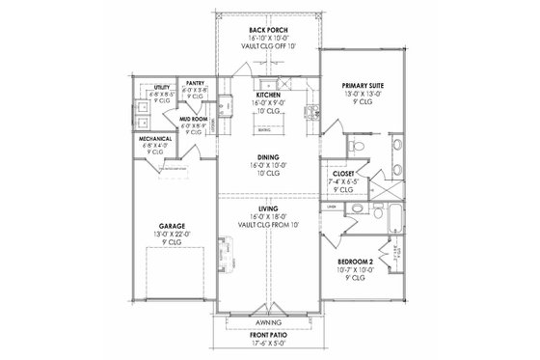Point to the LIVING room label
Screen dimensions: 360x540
click(268, 208)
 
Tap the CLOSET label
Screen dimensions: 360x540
click(343, 171)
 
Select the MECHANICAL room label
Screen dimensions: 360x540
click(156, 139)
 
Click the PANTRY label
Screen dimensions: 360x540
click(194, 84)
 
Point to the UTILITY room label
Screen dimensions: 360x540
click(161, 89)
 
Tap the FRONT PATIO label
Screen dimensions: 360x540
click(268, 336)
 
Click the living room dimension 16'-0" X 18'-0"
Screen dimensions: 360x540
click(268, 215)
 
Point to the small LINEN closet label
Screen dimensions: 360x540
click(331, 207)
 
